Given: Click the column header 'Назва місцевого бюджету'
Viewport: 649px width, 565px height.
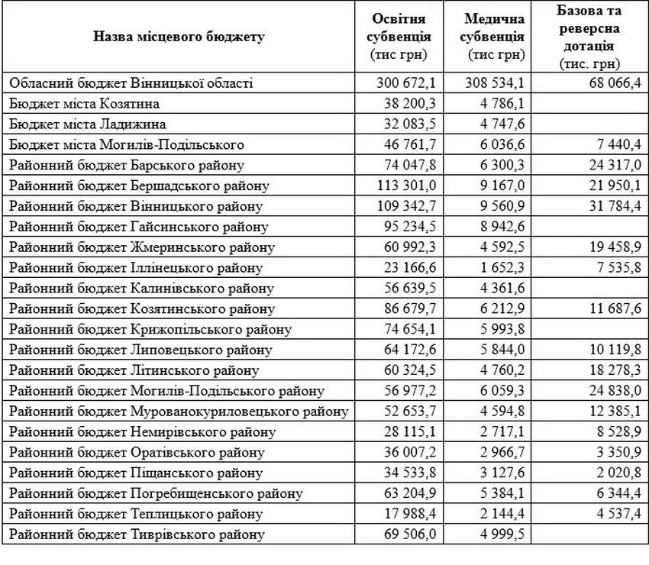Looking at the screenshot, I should pos(179,37).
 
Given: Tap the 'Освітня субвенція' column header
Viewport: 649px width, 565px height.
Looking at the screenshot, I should pos(401,37).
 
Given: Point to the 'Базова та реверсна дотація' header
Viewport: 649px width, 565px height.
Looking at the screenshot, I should pos(589,37).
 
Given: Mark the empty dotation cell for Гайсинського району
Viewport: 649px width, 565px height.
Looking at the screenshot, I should pos(589,226).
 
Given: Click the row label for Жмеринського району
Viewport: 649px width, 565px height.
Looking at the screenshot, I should pos(143,247).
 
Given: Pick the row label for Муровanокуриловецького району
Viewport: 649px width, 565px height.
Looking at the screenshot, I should pos(179,412).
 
